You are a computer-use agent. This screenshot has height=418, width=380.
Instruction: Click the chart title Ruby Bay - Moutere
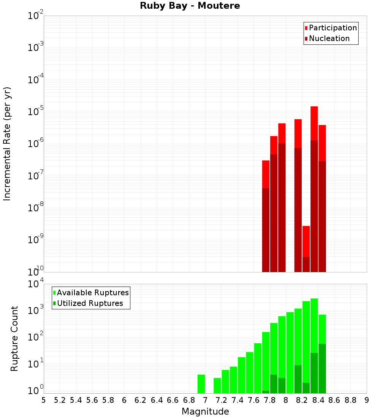pyautogui.click(x=190, y=6)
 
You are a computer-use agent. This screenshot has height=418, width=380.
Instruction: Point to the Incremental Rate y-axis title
pyautogui.click(x=7, y=144)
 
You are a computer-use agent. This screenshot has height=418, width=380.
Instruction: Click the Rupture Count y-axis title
pyautogui.click(x=14, y=339)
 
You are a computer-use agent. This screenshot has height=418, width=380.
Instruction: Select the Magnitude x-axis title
pyautogui.click(x=205, y=412)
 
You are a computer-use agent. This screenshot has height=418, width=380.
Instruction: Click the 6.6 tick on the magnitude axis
pyautogui.click(x=173, y=400)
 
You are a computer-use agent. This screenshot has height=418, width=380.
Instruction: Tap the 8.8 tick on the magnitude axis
pyautogui.click(x=350, y=400)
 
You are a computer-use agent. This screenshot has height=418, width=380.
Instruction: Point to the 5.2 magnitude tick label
pyautogui.click(x=60, y=400)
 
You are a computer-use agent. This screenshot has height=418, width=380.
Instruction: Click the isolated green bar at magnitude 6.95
pyautogui.click(x=201, y=384)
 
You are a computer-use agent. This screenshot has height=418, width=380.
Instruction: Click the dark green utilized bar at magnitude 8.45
pyautogui.click(x=322, y=368)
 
